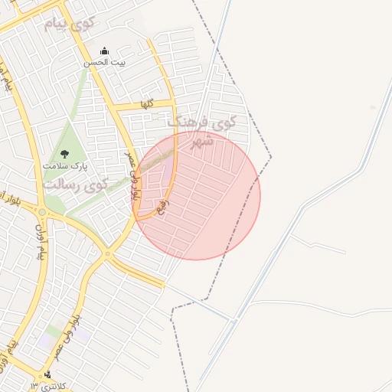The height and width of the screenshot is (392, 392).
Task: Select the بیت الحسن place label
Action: click(103, 64)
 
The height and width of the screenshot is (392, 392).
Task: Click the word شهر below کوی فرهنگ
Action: click(202, 140)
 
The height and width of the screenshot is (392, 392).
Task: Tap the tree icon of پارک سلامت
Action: click(64, 152)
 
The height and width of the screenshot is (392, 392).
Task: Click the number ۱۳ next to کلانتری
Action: click(34, 384)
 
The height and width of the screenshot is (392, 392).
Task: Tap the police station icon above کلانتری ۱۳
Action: click(47, 374)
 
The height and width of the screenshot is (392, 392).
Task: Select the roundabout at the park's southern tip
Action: click(44, 207)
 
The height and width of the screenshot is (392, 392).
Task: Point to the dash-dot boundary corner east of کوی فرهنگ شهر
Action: click(271, 157)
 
